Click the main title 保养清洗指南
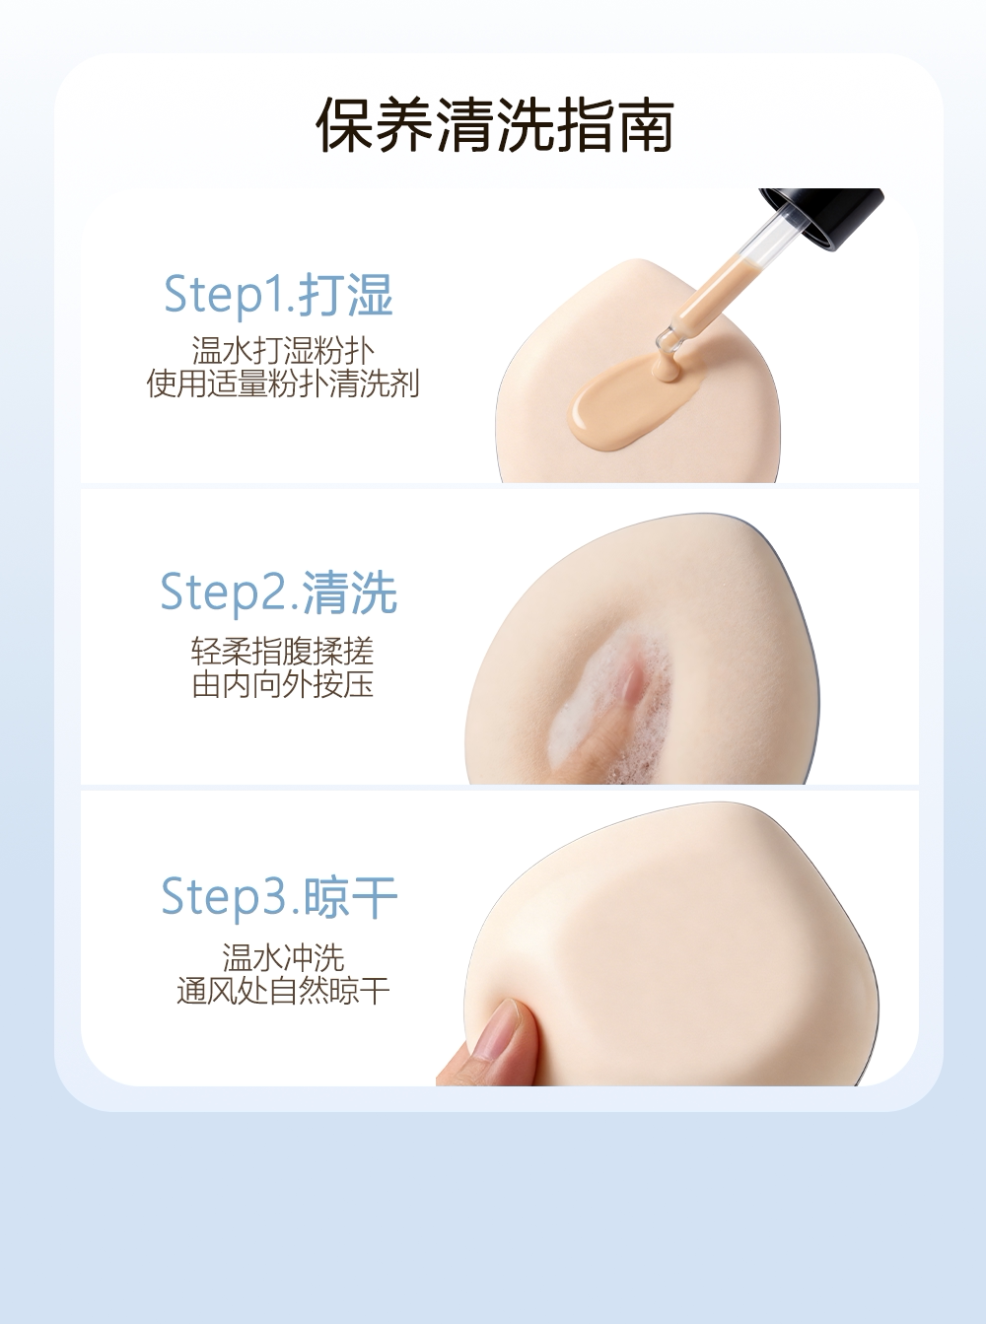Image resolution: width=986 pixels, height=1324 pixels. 495,123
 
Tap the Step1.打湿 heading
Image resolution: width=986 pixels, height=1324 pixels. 278,294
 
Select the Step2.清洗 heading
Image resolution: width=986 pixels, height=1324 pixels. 278,592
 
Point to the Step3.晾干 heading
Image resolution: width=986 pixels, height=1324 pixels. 279,897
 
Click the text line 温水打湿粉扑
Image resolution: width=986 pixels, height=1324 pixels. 282,350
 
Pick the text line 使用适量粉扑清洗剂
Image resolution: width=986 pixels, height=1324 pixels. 282,383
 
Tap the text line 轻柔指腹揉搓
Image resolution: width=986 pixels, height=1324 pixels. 282,651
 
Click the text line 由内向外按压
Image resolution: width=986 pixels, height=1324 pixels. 282,683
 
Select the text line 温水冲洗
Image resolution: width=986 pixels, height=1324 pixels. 283,958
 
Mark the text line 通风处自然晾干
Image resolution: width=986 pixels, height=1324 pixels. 283,991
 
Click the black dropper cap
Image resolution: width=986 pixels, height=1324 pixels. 828,216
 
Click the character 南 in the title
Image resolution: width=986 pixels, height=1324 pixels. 646,124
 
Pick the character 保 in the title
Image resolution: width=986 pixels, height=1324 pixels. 344,124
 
